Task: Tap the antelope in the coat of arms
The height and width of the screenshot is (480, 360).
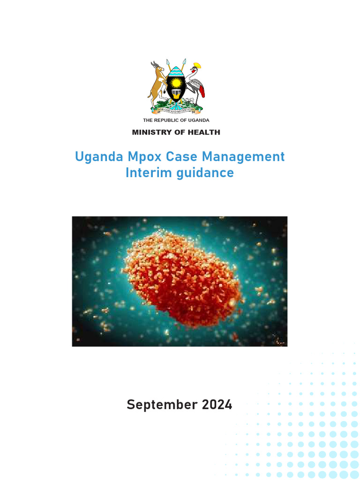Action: [158, 84]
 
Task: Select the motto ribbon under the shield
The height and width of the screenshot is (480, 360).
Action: [176, 111]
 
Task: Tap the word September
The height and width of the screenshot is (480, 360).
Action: [161, 405]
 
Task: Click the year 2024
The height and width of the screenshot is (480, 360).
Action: [216, 405]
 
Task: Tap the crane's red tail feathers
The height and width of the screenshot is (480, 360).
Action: [202, 91]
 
